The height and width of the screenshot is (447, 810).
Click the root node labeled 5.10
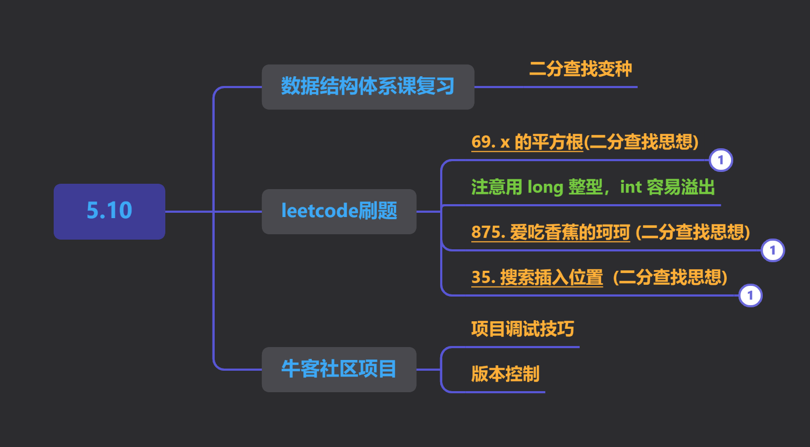[109, 211]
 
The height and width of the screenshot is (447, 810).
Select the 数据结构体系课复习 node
[368, 87]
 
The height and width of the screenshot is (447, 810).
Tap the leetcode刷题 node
[339, 211]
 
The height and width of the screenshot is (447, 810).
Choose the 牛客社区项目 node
[339, 370]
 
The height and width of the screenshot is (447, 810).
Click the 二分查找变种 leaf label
[580, 69]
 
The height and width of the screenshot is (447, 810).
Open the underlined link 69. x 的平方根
[527, 142]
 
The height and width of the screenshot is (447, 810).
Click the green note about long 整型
[593, 187]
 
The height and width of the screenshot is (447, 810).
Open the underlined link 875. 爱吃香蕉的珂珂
[550, 232]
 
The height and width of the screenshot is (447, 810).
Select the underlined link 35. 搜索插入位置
[537, 277]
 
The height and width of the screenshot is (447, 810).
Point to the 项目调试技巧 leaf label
[522, 329]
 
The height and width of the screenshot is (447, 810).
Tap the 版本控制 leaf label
[505, 374]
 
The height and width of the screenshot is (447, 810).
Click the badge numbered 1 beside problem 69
[721, 160]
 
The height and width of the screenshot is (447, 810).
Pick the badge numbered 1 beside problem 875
[773, 250]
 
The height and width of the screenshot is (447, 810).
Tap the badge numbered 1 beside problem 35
[750, 295]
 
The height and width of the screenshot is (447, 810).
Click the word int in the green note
[631, 187]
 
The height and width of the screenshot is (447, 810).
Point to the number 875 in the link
[486, 232]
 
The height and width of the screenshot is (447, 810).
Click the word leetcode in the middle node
[320, 211]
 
